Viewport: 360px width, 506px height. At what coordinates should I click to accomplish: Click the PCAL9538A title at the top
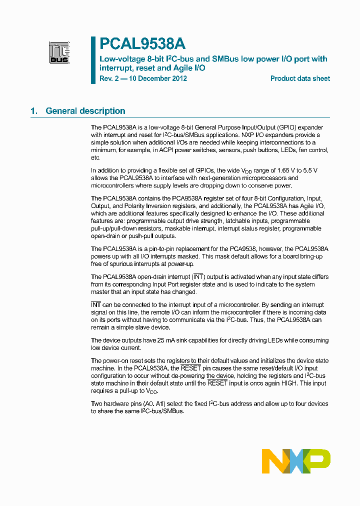coord(135,44)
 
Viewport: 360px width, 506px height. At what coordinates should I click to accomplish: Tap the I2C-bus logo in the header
coord(59,52)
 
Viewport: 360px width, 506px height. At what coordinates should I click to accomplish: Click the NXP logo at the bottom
coord(296,461)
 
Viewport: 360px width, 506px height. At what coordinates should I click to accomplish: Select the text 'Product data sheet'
coord(300,78)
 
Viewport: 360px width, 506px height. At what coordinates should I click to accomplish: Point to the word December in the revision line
coord(153,78)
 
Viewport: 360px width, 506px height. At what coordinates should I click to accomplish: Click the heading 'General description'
coord(85,111)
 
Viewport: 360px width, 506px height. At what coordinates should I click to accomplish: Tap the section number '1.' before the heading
coord(34,111)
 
